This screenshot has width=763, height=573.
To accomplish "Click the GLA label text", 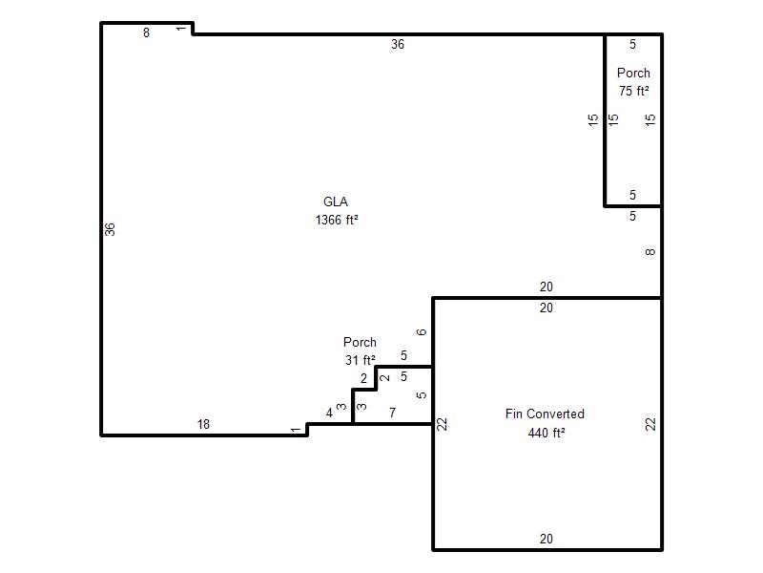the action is [x=336, y=202].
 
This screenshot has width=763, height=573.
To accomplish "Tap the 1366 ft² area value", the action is [x=337, y=220].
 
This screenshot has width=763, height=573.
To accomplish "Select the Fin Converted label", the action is [x=545, y=414].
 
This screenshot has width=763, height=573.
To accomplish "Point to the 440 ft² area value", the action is [x=546, y=433].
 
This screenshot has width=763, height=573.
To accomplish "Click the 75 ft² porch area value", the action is [x=633, y=91].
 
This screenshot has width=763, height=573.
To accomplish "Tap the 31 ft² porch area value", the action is [x=361, y=360].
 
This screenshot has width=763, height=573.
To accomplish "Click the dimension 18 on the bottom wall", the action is [x=203, y=424].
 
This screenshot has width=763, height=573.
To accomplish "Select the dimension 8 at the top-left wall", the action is [x=146, y=32].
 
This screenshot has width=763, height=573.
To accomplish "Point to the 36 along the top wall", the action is [x=398, y=44].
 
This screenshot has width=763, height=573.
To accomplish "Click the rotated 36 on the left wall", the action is [x=110, y=229].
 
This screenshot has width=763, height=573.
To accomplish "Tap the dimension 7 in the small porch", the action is [x=393, y=413].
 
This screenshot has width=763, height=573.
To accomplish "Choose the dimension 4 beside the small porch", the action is [x=329, y=413].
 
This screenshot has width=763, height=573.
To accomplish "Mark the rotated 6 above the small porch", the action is [x=422, y=331].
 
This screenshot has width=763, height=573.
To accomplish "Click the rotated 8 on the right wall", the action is [x=650, y=252].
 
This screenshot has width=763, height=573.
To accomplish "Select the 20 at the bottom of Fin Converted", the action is [x=546, y=539].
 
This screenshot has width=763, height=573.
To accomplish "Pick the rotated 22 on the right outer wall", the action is [x=650, y=424].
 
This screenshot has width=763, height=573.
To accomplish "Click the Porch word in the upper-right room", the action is [x=633, y=73].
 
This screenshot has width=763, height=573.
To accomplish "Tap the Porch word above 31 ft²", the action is [x=360, y=342].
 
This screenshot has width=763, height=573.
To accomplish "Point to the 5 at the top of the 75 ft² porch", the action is [x=632, y=44].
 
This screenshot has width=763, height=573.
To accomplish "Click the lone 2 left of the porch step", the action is [x=363, y=378].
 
